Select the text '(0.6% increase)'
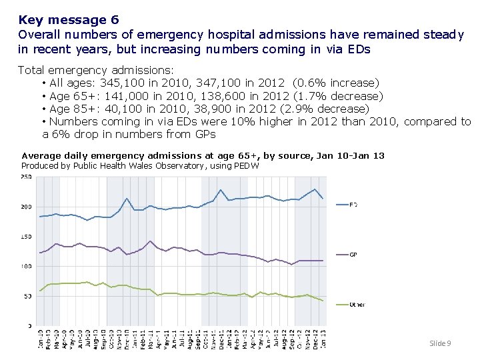click(336, 83)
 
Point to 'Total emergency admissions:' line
click(96, 70)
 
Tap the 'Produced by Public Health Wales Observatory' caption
click(140, 165)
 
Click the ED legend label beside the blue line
click(353, 205)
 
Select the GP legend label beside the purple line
click(353, 255)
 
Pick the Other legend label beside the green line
click(357, 305)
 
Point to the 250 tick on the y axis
click(26, 177)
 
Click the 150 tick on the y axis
click(26, 237)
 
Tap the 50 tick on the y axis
click(27, 296)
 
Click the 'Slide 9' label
click(440, 343)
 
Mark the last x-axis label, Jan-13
click(323, 339)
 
